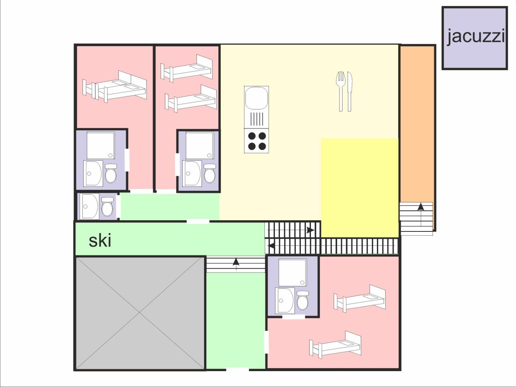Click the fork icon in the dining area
point(340,91)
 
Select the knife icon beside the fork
point(350,91)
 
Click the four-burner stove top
point(257,141)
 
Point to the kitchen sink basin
point(257,98)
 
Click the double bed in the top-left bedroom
point(115,86)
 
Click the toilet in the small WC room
point(108,207)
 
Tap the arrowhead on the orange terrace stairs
point(421,207)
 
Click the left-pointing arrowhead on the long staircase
point(271,246)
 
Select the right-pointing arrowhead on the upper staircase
point(311,230)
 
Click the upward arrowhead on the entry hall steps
point(236,262)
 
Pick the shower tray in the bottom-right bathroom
point(293,272)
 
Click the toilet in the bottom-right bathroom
point(303,300)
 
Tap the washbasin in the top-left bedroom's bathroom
point(93,173)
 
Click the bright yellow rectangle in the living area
point(360,188)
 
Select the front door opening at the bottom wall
point(237,370)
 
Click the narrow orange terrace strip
point(417,124)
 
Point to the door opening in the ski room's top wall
point(198,221)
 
